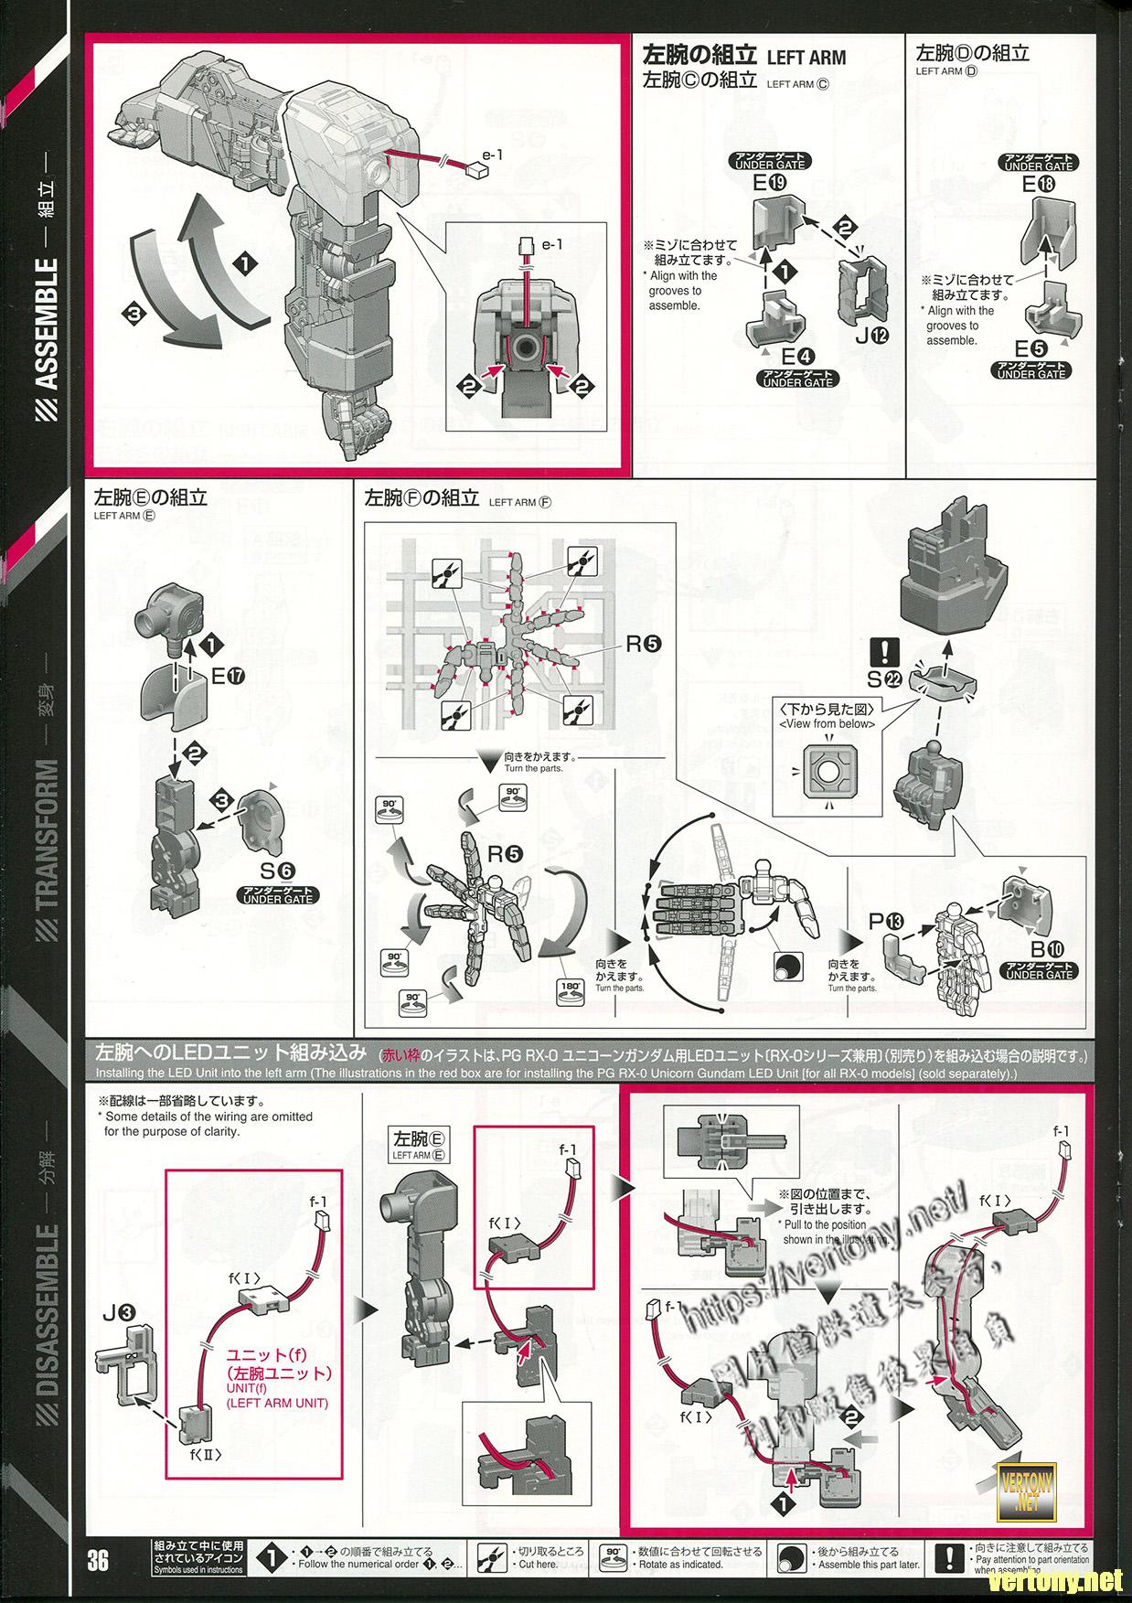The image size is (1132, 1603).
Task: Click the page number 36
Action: pyautogui.click(x=99, y=1558)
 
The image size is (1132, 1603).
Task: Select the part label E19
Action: pyautogui.click(x=765, y=183)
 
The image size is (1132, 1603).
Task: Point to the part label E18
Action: pyautogui.click(x=1037, y=184)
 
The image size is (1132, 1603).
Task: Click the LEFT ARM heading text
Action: pyautogui.click(x=806, y=57)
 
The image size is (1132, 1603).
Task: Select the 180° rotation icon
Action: pyautogui.click(x=571, y=990)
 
